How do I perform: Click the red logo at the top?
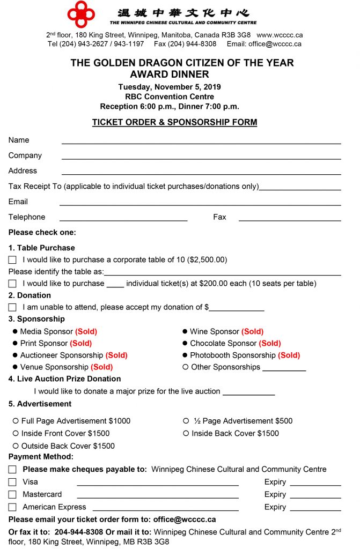[81, 14]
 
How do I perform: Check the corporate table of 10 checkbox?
[12, 260]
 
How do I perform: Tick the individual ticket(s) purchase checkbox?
[12, 284]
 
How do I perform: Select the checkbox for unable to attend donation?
[12, 308]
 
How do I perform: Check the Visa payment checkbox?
[12, 482]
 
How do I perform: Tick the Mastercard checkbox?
[12, 495]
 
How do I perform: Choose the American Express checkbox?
[12, 507]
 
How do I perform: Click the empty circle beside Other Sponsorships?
[186, 367]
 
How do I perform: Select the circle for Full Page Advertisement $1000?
[16, 421]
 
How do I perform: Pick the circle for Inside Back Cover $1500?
[186, 433]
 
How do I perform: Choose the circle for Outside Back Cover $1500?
[16, 446]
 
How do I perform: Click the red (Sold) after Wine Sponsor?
[252, 332]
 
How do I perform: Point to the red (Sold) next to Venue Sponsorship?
[102, 367]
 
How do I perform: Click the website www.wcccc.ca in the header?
[279, 35]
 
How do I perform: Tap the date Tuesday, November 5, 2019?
[170, 87]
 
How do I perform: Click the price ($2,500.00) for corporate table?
[207, 260]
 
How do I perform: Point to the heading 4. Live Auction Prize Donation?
[64, 379]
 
